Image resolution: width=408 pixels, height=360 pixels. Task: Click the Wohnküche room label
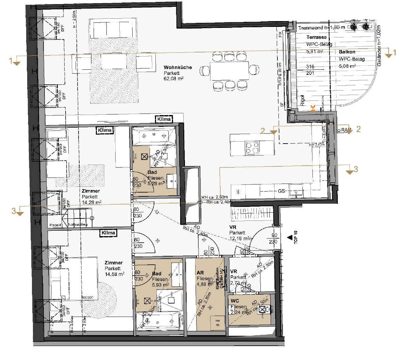click(177, 67)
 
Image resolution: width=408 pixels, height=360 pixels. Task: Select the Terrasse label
click(317, 37)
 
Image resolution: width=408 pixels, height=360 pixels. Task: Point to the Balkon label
click(347, 52)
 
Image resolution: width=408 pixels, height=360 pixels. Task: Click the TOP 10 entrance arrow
click(290, 237)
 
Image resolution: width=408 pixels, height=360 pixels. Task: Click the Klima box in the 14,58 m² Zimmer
click(108, 233)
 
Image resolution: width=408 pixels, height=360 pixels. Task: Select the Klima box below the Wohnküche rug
click(164, 119)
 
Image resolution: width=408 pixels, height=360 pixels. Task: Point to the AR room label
click(200, 273)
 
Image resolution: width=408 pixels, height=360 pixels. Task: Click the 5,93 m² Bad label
click(157, 274)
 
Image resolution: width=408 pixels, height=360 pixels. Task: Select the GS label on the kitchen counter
click(281, 191)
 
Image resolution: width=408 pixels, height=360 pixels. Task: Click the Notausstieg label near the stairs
click(78, 225)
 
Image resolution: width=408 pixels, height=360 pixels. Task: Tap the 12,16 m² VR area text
click(240, 238)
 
